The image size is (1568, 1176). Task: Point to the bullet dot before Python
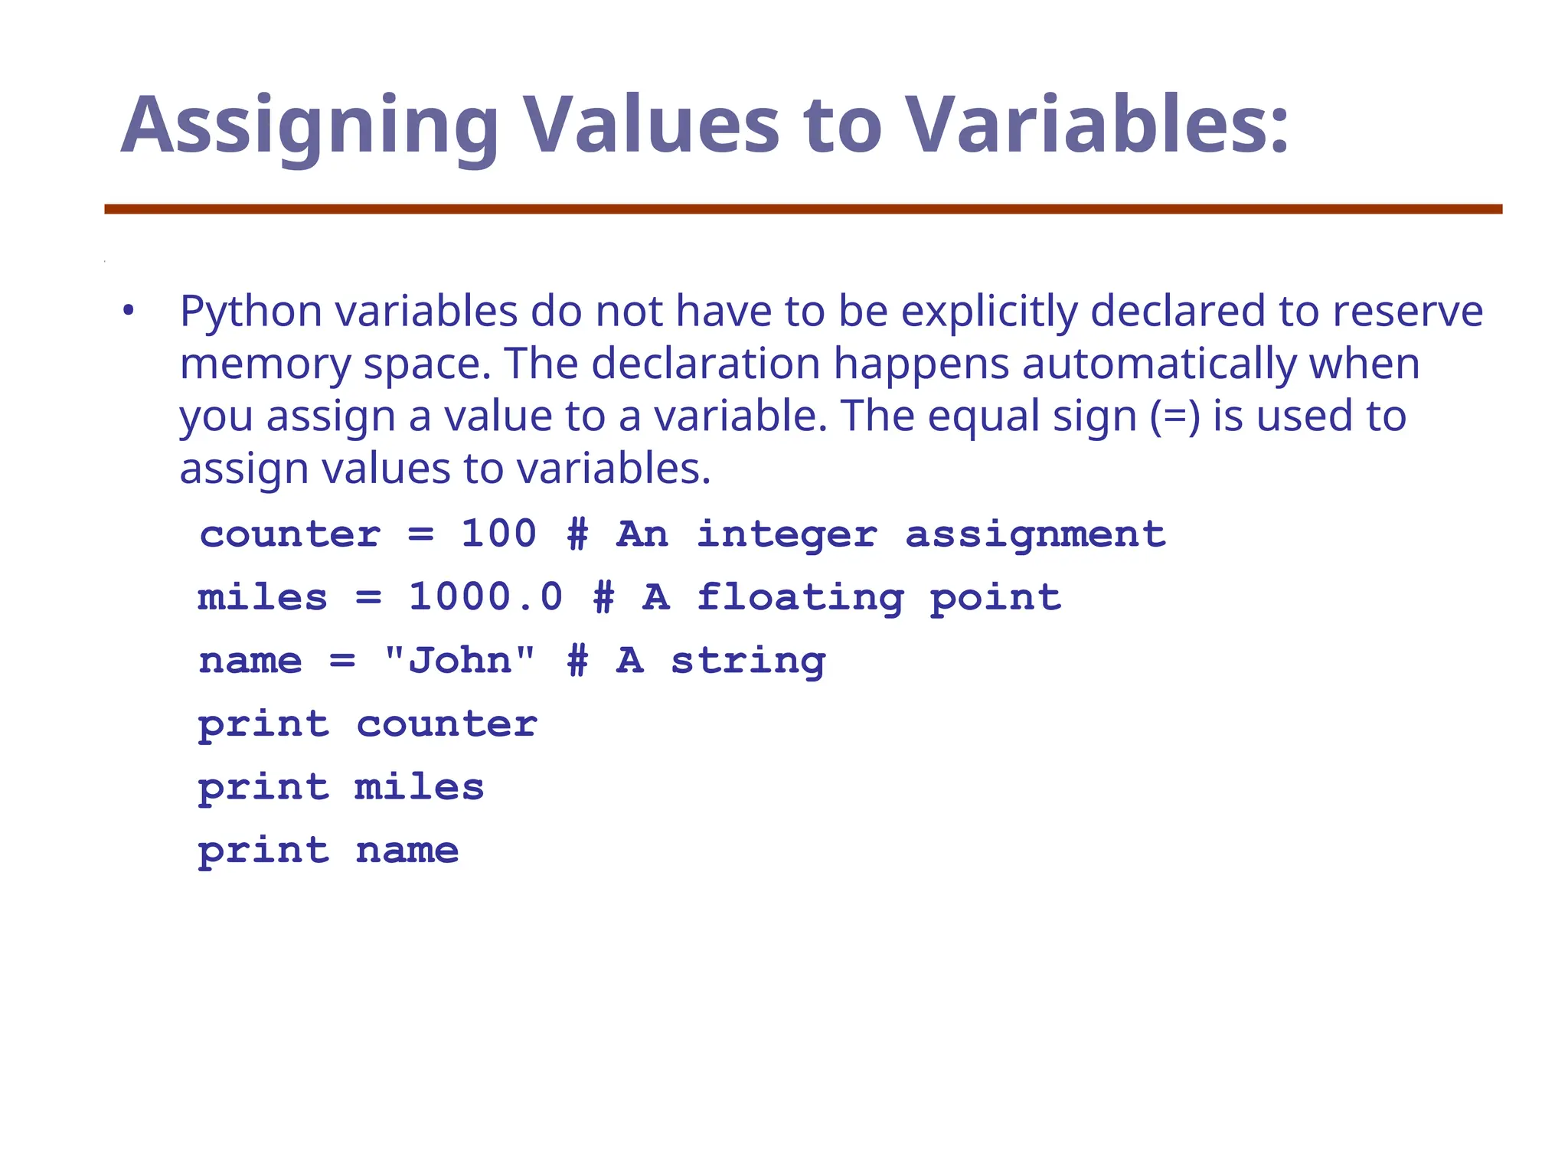point(128,312)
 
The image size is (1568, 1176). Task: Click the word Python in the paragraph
point(251,312)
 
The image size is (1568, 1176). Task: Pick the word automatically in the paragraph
point(1159,364)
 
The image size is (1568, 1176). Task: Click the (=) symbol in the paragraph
point(1174,416)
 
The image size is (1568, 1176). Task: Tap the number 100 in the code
point(498,534)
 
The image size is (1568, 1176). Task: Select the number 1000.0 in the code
point(486,597)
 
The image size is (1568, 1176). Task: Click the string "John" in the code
point(459,660)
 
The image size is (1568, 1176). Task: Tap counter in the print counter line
point(447,724)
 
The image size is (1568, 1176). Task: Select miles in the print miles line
point(420,787)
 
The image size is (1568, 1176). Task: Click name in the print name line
point(407,851)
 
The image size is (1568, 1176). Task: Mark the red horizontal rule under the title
point(803,209)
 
